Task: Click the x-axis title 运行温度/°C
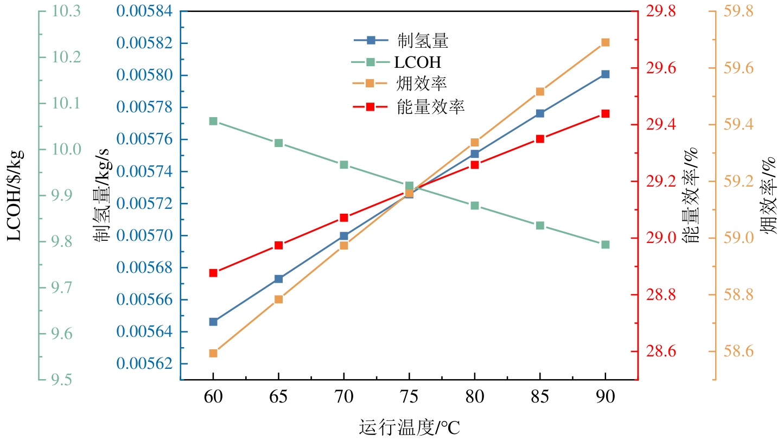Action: pyautogui.click(x=409, y=427)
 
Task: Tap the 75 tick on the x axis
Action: pyautogui.click(x=409, y=397)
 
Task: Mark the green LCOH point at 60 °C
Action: pyautogui.click(x=213, y=121)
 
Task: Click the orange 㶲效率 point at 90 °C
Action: pyautogui.click(x=605, y=42)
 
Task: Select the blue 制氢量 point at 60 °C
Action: pyautogui.click(x=213, y=322)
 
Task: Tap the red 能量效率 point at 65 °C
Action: pyautogui.click(x=278, y=245)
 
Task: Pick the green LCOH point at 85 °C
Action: pyautogui.click(x=540, y=225)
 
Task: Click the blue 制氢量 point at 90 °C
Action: pyautogui.click(x=605, y=74)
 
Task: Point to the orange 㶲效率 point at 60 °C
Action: pyautogui.click(x=213, y=353)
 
